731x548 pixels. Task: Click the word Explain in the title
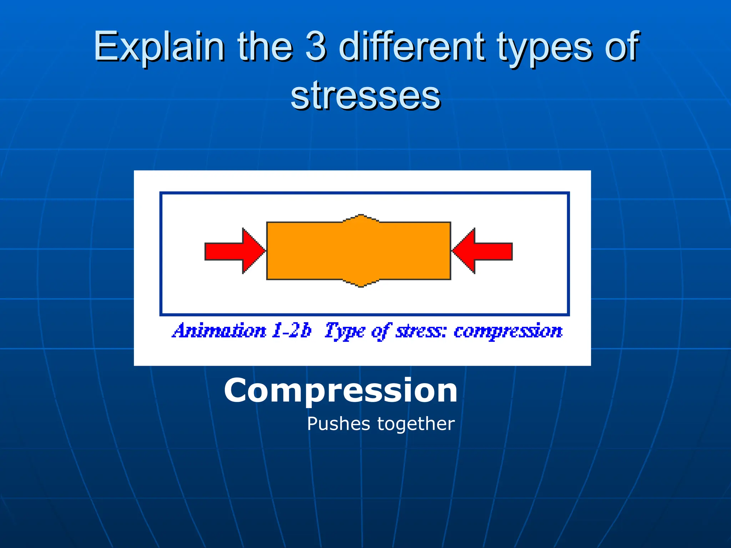(x=159, y=46)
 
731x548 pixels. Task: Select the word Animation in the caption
(x=219, y=331)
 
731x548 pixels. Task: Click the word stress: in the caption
(x=420, y=331)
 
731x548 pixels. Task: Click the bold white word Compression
(x=341, y=391)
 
